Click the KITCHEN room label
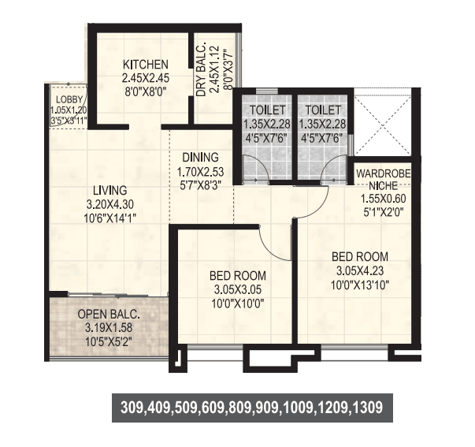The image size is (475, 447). [145, 65]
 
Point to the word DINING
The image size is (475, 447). [195, 156]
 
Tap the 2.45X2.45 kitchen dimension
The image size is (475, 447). [145, 79]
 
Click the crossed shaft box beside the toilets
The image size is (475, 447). [382, 126]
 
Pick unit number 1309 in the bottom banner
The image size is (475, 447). [366, 408]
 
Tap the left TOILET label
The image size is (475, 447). [264, 110]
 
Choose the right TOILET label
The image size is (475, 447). [323, 110]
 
